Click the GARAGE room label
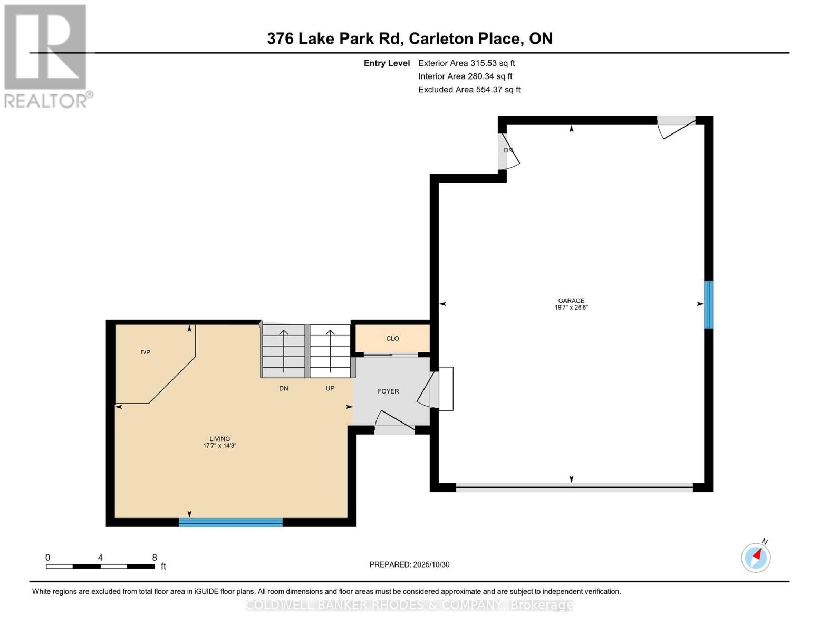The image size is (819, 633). pyautogui.click(x=571, y=301)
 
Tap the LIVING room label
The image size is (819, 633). pyautogui.click(x=219, y=438)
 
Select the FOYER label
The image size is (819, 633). pyautogui.click(x=388, y=391)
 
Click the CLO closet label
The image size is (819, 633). pyautogui.click(x=392, y=339)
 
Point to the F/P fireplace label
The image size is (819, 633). pyautogui.click(x=146, y=352)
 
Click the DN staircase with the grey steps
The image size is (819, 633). pyautogui.click(x=284, y=351)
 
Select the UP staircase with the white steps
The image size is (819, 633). pyautogui.click(x=330, y=351)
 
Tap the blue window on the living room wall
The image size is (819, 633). pyautogui.click(x=230, y=522)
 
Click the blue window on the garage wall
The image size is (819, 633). pyautogui.click(x=709, y=304)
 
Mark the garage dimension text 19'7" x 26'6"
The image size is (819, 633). pyautogui.click(x=571, y=308)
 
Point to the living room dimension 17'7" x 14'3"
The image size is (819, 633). pyautogui.click(x=219, y=446)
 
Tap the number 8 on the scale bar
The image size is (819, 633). pyautogui.click(x=155, y=558)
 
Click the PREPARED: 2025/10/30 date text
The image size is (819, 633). pyautogui.click(x=409, y=564)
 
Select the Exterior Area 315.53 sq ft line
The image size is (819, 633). pyautogui.click(x=466, y=63)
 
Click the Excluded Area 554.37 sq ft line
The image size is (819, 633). pyautogui.click(x=469, y=90)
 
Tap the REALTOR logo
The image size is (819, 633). pyautogui.click(x=46, y=55)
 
